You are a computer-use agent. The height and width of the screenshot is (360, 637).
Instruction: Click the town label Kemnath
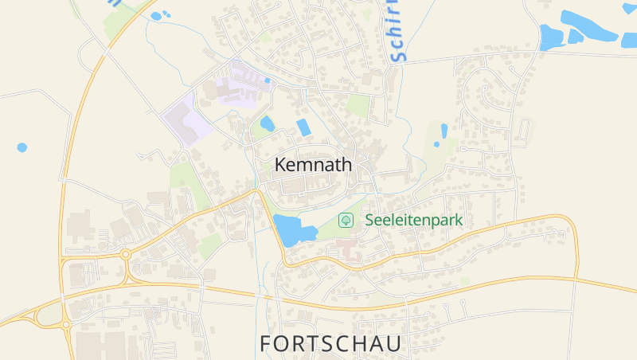(313, 165)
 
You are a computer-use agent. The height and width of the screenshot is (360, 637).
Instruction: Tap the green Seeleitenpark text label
(414, 220)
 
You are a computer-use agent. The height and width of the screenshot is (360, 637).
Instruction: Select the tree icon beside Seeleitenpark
(346, 220)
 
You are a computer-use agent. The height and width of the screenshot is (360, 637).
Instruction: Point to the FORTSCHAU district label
(330, 343)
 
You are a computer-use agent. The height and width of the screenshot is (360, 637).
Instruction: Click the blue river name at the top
(397, 32)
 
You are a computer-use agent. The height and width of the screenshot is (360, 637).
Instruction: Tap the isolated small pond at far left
(21, 147)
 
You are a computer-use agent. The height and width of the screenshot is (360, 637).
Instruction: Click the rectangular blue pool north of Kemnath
(303, 127)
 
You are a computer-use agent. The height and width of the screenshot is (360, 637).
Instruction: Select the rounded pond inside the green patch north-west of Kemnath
(268, 123)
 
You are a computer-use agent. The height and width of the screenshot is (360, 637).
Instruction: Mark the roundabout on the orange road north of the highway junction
(125, 255)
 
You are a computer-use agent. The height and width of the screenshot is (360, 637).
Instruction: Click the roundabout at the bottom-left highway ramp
(66, 324)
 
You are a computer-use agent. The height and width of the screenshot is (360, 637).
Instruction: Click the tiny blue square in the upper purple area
(268, 80)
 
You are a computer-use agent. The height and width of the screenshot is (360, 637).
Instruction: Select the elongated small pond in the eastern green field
(444, 131)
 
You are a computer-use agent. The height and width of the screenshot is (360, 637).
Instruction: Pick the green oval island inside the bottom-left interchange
(49, 316)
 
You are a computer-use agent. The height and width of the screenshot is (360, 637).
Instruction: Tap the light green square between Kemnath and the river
(358, 105)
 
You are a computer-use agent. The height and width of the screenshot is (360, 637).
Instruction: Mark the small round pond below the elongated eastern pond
(436, 146)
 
